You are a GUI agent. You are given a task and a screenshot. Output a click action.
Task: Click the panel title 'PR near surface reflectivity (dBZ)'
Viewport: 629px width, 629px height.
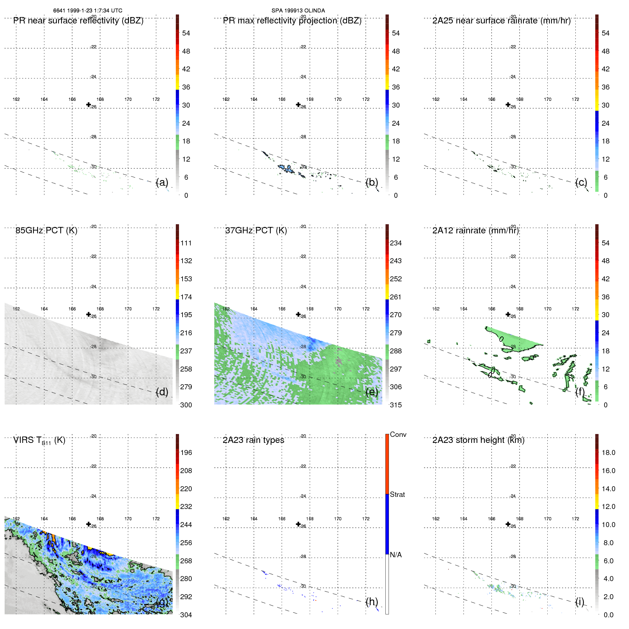click(78, 21)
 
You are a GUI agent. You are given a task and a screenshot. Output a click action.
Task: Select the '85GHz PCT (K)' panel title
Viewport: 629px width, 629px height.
click(46, 231)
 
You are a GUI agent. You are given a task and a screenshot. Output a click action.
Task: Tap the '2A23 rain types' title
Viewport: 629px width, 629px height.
click(253, 440)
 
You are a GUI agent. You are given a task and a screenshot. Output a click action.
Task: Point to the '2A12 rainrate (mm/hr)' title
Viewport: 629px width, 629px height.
click(476, 231)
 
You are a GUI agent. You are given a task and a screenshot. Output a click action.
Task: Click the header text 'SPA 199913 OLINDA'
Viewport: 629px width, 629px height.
click(298, 11)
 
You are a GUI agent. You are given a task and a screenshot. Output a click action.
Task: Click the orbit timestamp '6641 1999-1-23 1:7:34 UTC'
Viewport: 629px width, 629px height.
click(88, 11)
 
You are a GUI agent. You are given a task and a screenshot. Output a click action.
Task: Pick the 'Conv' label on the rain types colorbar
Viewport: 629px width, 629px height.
click(398, 434)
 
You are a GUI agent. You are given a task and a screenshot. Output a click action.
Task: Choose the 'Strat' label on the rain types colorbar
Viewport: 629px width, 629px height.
click(397, 494)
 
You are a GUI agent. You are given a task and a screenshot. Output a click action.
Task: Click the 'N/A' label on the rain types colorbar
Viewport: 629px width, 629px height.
click(396, 555)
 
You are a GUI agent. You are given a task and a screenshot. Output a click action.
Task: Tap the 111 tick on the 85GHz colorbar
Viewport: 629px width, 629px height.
click(186, 243)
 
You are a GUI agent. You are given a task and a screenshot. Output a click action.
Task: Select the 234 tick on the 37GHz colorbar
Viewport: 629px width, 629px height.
click(396, 243)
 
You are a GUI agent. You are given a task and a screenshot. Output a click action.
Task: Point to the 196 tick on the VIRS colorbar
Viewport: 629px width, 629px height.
click(186, 452)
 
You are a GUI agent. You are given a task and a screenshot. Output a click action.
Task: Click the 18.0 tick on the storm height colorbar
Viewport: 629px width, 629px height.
click(608, 452)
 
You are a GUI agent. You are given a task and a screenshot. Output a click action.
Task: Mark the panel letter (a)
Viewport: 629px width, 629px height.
click(162, 182)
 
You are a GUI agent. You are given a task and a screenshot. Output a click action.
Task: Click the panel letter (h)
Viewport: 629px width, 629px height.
click(372, 602)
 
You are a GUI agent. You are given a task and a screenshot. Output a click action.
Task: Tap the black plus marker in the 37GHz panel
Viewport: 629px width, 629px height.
click(298, 314)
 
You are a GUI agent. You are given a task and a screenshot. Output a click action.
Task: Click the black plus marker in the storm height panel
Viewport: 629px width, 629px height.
click(508, 524)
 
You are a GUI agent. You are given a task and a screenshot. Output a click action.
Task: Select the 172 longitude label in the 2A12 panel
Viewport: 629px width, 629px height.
click(575, 309)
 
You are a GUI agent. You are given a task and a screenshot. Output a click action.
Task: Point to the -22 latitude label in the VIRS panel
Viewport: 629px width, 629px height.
click(93, 466)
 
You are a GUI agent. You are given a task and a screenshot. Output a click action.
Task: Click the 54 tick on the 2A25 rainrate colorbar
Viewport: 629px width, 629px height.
click(605, 33)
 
